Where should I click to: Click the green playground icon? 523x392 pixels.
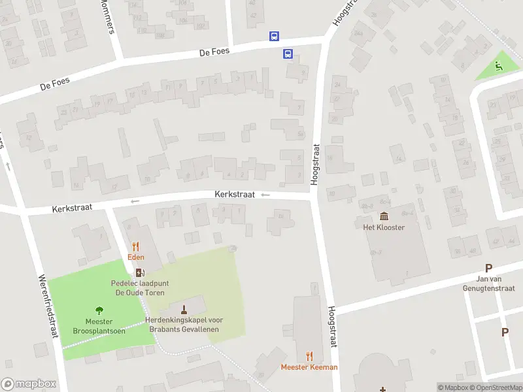pos(499,65)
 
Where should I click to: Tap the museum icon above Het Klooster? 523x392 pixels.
pos(384,216)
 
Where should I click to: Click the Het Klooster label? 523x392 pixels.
pos(384,227)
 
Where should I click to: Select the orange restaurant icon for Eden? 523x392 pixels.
pos(136,246)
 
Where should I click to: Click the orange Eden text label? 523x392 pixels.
pos(136,257)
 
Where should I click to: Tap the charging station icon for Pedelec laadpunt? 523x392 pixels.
pos(139,273)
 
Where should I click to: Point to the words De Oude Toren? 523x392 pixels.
pos(139,293)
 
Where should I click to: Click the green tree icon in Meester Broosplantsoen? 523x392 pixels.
pos(99,310)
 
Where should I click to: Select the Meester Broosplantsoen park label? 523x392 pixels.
pos(99,325)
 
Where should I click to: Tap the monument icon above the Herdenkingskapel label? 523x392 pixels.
pos(184,309)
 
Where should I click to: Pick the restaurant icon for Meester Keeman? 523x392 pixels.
pos(309,356)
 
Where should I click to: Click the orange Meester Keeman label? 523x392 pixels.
pos(309,367)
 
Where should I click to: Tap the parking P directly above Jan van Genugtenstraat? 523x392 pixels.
pos(488,268)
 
